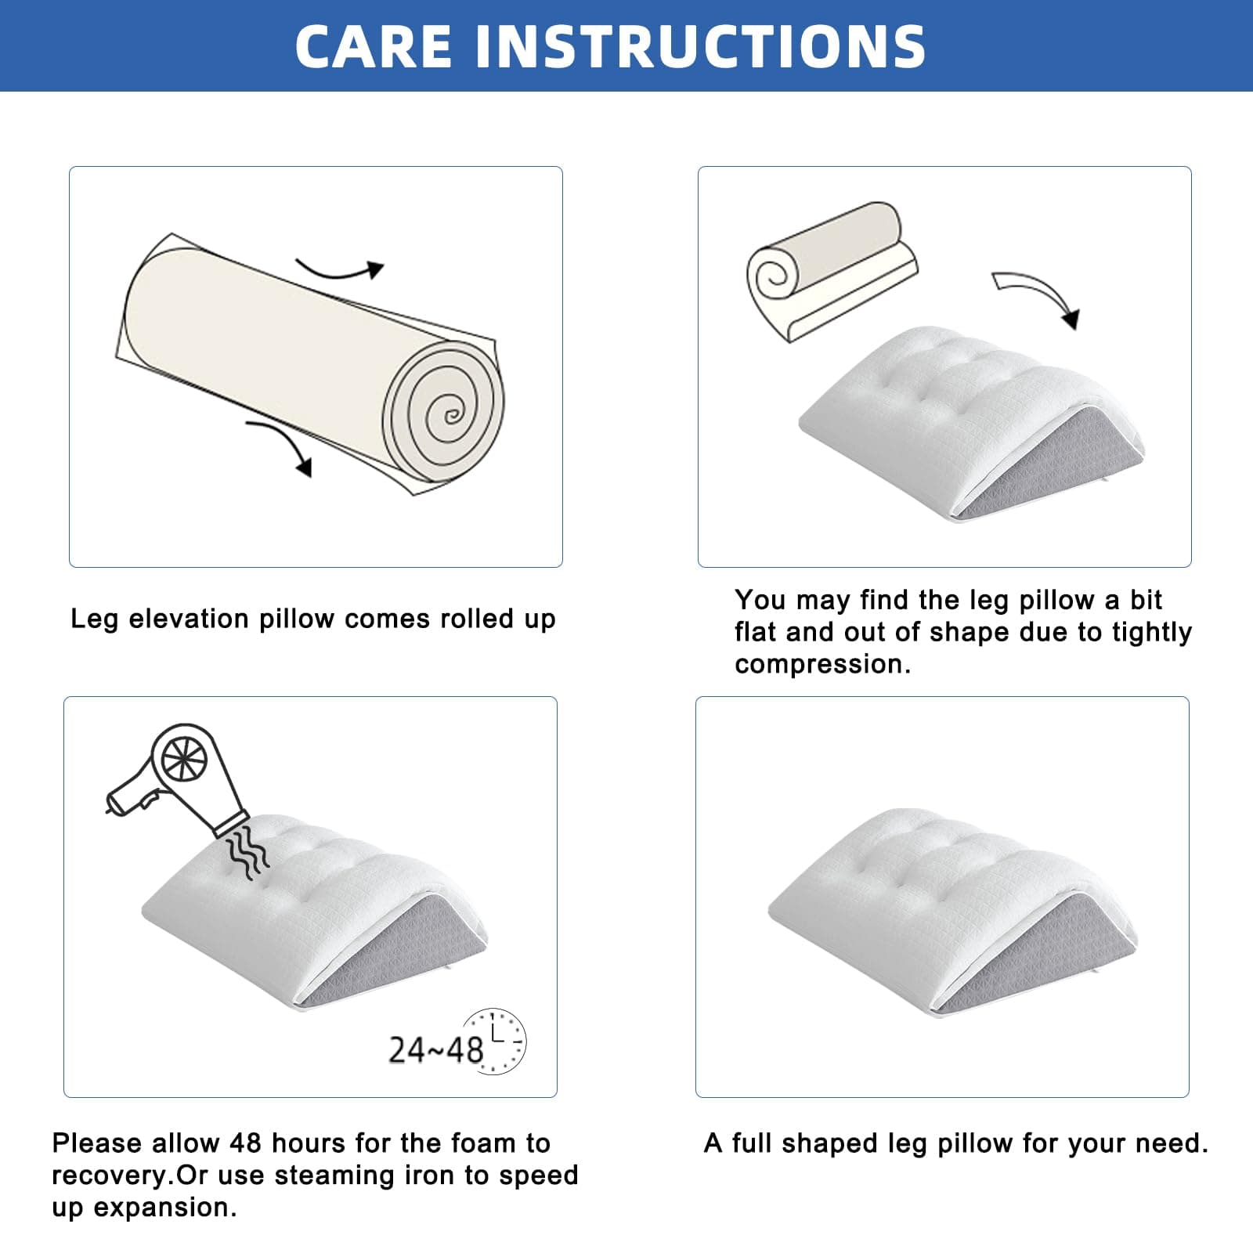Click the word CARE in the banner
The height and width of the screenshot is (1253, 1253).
(374, 45)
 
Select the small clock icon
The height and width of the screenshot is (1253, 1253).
(493, 1041)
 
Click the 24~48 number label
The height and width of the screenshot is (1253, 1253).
(435, 1050)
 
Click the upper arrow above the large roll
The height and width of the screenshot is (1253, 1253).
(339, 269)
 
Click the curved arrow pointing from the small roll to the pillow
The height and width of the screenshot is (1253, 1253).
(1042, 294)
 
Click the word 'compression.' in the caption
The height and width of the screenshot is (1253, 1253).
(823, 664)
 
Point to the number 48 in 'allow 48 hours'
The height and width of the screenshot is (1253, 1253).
(246, 1143)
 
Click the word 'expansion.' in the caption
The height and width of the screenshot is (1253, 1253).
(165, 1208)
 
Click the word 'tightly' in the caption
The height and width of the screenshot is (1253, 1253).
(1150, 633)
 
